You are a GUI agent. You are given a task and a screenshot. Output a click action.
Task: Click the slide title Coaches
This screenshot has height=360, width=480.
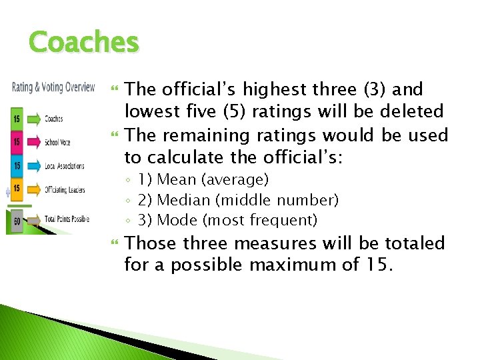point(84,43)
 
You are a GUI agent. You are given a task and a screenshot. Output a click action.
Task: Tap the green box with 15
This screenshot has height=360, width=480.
point(15,119)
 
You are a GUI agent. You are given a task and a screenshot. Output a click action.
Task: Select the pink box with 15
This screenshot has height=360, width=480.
point(15,142)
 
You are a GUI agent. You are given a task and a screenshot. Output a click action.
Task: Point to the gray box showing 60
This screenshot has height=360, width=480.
point(16,220)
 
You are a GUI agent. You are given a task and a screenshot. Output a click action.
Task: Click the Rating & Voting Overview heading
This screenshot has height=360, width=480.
point(53,87)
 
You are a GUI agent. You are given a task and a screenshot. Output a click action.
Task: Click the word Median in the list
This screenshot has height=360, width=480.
point(180,200)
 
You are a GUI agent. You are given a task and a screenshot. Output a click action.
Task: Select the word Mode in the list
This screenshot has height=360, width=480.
point(175,220)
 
